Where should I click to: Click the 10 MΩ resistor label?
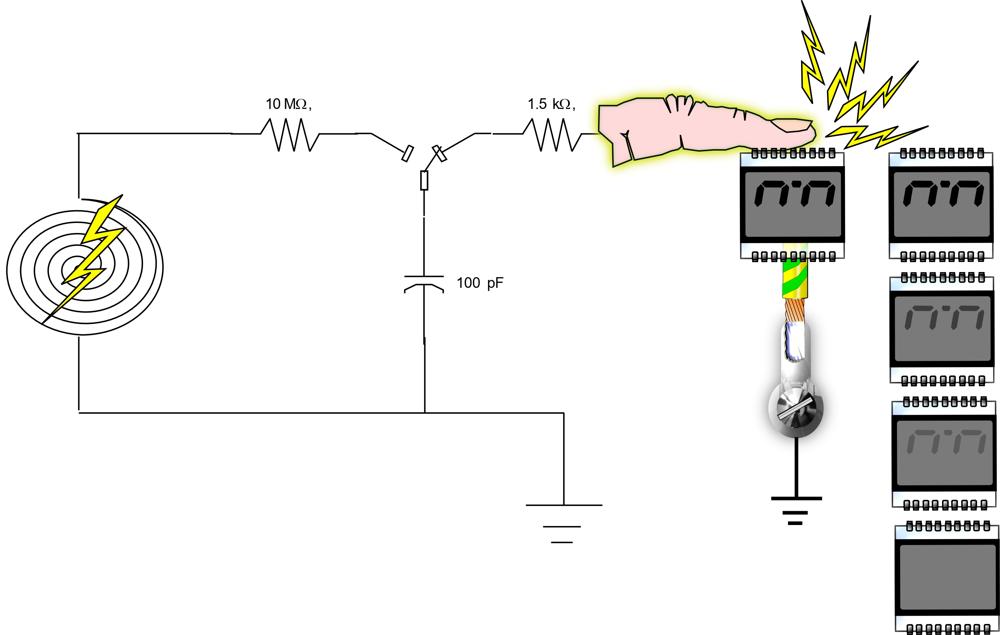click(288, 104)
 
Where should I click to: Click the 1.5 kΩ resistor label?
click(551, 104)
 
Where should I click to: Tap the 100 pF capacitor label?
click(479, 283)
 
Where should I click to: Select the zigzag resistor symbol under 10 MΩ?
click(290, 134)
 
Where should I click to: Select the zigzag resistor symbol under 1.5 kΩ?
click(552, 134)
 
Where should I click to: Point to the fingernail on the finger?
click(791, 125)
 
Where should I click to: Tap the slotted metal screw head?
click(795, 409)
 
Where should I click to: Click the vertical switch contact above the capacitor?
click(424, 180)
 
